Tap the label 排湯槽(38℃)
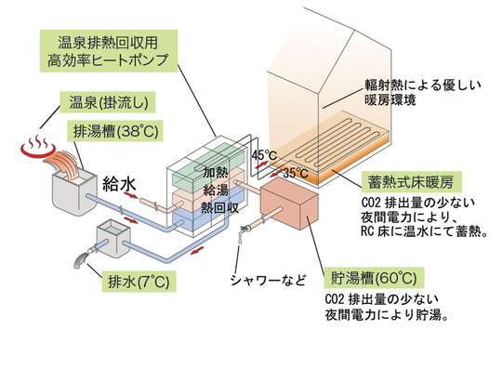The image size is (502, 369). pyautogui.click(x=110, y=130)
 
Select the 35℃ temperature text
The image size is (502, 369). pyautogui.click(x=296, y=173)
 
